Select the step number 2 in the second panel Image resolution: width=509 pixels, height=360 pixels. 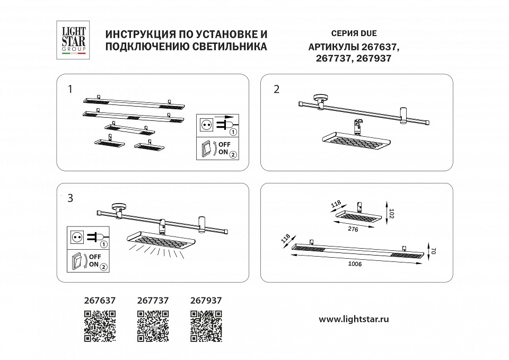[276, 89]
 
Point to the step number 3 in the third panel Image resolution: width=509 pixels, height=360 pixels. [70, 198]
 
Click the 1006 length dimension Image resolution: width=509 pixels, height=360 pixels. [355, 265]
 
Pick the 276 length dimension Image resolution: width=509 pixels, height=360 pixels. [353, 229]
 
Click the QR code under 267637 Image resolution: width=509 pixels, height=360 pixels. [100, 325]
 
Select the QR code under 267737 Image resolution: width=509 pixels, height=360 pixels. [153, 325]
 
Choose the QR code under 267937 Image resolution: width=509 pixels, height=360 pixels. [206, 325]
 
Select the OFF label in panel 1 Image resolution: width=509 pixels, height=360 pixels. [224, 144]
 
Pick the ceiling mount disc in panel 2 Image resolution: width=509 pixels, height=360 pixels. [320, 98]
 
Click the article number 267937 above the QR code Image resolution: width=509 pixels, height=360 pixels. [206, 300]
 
